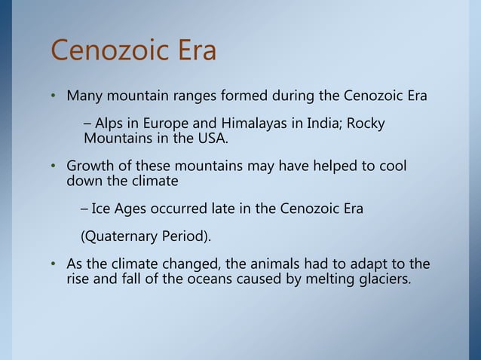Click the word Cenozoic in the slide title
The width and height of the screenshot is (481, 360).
tap(109, 51)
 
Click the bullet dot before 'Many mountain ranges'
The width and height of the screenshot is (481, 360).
tap(54, 98)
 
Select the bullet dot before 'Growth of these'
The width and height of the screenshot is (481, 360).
tap(54, 166)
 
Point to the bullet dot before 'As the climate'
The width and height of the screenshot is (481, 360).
tap(54, 264)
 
